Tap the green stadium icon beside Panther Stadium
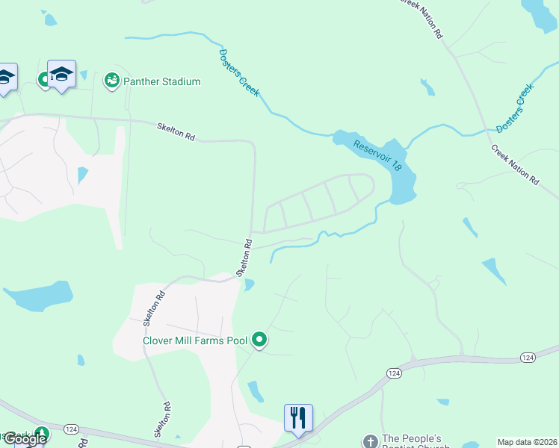112,79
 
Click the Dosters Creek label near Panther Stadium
239,72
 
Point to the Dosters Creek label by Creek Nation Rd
516,108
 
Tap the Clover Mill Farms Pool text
195,341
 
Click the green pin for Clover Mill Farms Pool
259,340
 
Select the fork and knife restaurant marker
298,417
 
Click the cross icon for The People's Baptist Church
369,441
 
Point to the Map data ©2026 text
527,442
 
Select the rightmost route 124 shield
528,358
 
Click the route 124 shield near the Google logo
72,429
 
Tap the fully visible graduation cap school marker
61,75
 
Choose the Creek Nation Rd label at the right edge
515,164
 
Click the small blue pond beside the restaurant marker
256,391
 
